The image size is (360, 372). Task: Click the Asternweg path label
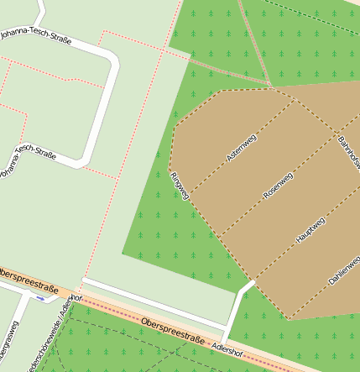pyautogui.click(x=241, y=147)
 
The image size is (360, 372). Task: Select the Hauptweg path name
pyautogui.click(x=310, y=231)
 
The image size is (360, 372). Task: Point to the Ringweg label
pyautogui.click(x=180, y=185)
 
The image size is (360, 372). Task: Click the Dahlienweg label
pyautogui.click(x=345, y=271)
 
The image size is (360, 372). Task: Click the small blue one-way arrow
pyautogui.click(x=39, y=298)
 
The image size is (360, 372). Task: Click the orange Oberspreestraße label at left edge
pyautogui.click(x=29, y=281)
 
